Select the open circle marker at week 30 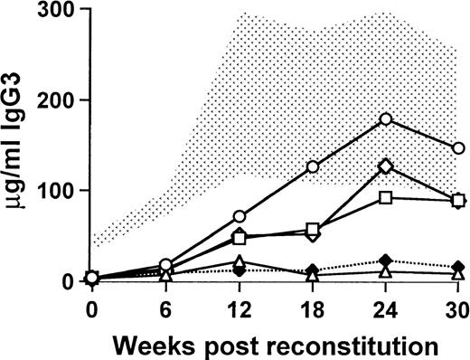[458, 148]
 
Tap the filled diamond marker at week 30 [458, 267]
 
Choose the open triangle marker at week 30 [458, 273]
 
